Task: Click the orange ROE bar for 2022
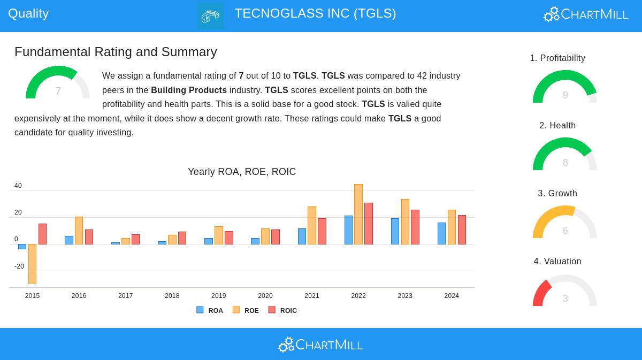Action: [x=358, y=214]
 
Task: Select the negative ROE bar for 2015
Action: [x=32, y=264]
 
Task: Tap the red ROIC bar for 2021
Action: [x=322, y=231]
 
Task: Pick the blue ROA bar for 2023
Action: [x=395, y=231]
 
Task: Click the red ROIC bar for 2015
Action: [x=42, y=234]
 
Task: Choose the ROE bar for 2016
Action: [x=79, y=231]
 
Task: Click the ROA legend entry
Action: [x=210, y=310]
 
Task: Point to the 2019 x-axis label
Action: [x=218, y=296]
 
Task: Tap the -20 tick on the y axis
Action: [x=19, y=266]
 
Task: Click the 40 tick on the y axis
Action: [x=18, y=186]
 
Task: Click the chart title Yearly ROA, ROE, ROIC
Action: [x=242, y=172]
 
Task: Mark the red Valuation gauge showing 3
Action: [x=564, y=292]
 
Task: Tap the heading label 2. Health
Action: [x=557, y=126]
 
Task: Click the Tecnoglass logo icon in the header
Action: [x=210, y=16]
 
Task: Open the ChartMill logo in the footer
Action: [x=320, y=344]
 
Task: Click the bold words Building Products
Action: [x=189, y=90]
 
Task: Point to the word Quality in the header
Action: [x=28, y=13]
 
